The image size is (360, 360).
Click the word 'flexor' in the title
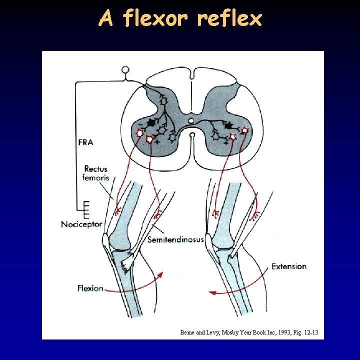155,19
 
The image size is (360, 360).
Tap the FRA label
85,142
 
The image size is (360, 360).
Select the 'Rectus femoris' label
95,173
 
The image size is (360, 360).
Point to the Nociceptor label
81,224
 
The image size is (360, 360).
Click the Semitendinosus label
175,240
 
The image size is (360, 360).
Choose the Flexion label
90,288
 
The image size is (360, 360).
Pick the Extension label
288,266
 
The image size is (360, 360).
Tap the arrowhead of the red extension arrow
211,292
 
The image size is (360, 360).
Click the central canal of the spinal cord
191,121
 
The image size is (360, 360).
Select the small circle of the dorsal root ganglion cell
125,70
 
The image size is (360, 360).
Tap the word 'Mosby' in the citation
224,332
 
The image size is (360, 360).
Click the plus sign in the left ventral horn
157,142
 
